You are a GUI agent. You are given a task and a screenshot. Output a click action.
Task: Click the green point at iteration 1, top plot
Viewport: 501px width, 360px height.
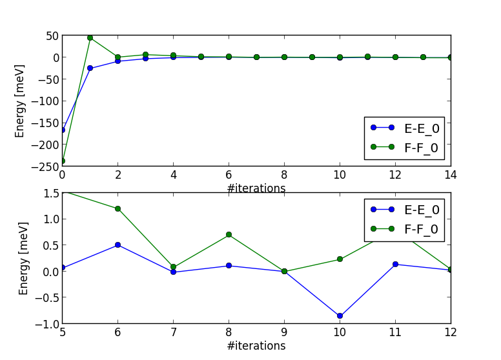(90, 37)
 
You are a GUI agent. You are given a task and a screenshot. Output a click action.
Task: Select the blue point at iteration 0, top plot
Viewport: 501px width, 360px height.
(63, 130)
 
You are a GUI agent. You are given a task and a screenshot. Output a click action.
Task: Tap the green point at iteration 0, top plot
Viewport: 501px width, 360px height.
(63, 161)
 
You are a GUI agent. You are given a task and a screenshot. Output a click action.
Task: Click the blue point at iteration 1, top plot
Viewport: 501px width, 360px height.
(90, 68)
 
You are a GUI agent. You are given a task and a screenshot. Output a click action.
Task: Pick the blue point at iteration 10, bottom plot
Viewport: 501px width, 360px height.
(340, 315)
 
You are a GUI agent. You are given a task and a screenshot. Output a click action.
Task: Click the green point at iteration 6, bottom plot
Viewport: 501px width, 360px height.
(118, 208)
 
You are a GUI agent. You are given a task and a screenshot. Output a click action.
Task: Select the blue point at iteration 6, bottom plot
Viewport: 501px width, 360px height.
(118, 245)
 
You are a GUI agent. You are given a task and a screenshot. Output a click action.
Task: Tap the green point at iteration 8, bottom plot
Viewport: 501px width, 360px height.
(229, 235)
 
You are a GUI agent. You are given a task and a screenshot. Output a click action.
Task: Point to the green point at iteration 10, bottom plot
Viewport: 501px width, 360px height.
(340, 259)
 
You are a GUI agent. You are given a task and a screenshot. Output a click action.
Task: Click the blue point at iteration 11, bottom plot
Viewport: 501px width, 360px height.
(395, 264)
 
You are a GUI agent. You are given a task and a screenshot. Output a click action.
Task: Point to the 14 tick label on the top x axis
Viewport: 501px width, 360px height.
(451, 175)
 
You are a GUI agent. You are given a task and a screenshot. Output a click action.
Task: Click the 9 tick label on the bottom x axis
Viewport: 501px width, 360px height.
(284, 332)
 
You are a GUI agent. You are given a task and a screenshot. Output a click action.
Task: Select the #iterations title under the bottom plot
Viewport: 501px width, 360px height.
(256, 346)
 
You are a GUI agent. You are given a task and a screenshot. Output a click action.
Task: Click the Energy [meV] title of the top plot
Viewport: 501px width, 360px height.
(21, 101)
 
